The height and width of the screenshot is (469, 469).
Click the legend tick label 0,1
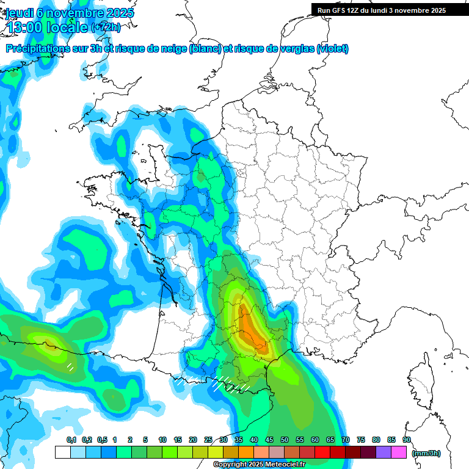pyautogui.click(x=71, y=440)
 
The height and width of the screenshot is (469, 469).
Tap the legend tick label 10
pyautogui.click(x=162, y=440)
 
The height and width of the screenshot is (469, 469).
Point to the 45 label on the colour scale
pyautogui.click(x=269, y=440)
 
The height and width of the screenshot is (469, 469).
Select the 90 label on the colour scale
pyautogui.click(x=407, y=440)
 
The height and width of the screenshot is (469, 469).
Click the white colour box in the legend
pyautogui.click(x=62, y=452)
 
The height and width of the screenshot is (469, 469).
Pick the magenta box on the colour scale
pyautogui.click(x=399, y=452)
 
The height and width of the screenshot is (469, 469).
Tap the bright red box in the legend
pyautogui.click(x=322, y=452)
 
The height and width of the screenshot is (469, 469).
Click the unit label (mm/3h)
pyautogui.click(x=427, y=453)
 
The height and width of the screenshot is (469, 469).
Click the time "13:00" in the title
pyautogui.click(x=26, y=27)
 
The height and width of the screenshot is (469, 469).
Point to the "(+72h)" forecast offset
pyautogui.click(x=106, y=27)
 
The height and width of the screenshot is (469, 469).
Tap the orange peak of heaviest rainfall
pyautogui.click(x=250, y=327)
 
